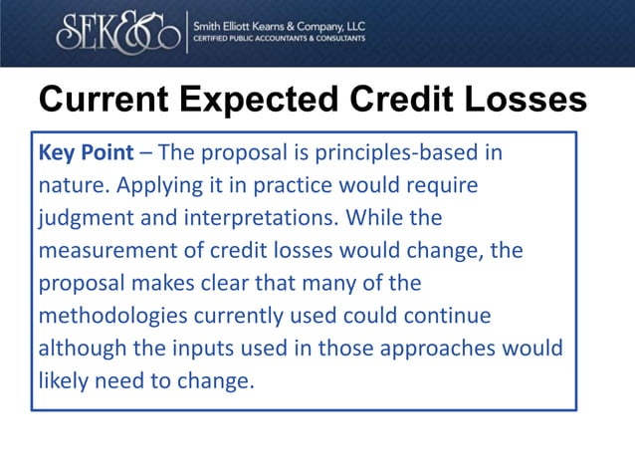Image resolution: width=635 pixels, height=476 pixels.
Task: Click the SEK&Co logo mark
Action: click(118, 32)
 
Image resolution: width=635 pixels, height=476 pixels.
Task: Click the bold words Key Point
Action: click(84, 153)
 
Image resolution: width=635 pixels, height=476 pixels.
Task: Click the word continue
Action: click(451, 316)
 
